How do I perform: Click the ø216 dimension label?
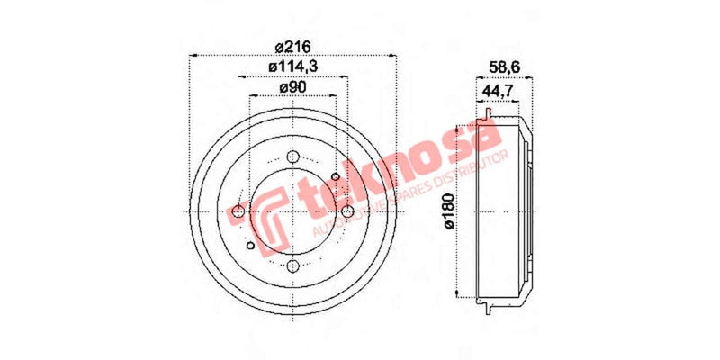coord(292,47)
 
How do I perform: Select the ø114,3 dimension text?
coord(293,67)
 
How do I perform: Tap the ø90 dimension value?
coord(293,87)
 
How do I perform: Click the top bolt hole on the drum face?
coord(292,157)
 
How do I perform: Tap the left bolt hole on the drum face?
coord(238,211)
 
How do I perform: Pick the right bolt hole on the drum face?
coord(346,211)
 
